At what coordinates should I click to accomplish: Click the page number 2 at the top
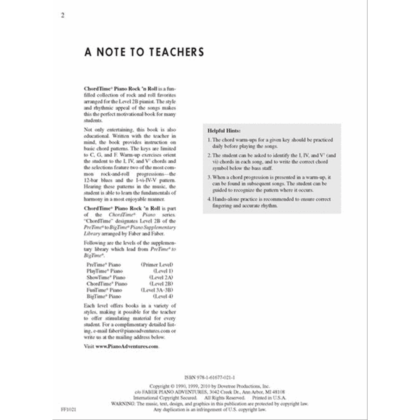(x=63, y=16)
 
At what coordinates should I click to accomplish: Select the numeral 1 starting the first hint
(x=209, y=140)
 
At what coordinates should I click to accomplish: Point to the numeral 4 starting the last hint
(x=209, y=199)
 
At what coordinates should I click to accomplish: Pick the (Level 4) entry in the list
(x=163, y=297)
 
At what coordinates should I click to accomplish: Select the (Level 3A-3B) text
(x=157, y=290)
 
